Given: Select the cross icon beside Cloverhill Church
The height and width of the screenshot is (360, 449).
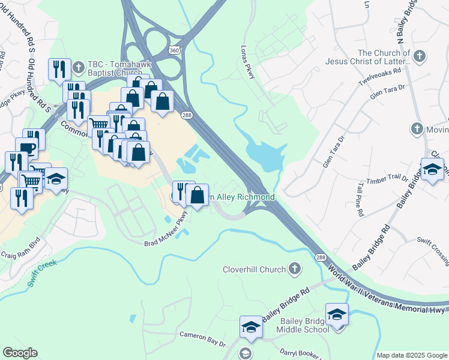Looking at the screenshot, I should click(294, 269).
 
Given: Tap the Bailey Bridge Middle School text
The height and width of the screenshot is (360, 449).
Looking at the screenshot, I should click(303, 325).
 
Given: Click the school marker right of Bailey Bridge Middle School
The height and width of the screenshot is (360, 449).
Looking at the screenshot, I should click(337, 314).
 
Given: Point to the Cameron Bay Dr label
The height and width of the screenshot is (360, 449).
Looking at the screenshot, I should click(202, 339).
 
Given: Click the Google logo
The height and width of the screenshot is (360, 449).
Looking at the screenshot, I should click(20, 353).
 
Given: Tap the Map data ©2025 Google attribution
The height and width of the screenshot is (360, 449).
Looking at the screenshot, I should click(411, 355).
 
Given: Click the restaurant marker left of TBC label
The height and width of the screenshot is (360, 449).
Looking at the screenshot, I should click(59, 70).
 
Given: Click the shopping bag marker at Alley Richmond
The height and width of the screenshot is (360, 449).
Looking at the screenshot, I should click(197, 194).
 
